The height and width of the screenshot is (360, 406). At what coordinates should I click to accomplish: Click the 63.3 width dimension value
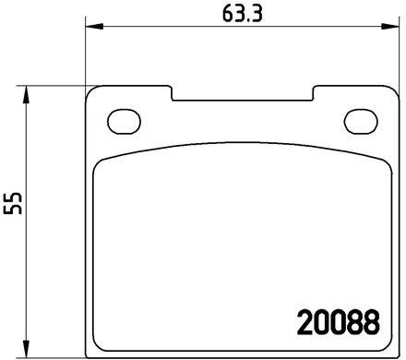[x=242, y=14]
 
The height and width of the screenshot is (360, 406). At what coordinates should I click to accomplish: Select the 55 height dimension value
[x=13, y=203]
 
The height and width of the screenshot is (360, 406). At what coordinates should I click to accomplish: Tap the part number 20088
[x=339, y=322]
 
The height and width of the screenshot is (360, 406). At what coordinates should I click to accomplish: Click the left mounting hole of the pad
[x=124, y=122]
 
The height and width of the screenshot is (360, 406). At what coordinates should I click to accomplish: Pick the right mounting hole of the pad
[x=361, y=122]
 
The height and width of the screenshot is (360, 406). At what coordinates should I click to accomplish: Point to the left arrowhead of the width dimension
[x=94, y=27]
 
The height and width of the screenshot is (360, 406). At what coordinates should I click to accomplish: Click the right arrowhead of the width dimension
[x=390, y=27]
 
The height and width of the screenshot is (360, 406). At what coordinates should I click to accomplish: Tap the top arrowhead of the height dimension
[x=27, y=94]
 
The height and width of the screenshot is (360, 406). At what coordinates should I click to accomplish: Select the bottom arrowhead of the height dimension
[x=27, y=349]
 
